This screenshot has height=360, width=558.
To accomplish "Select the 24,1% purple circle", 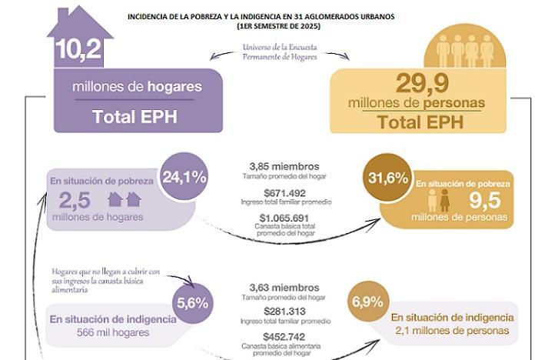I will (x=184, y=177).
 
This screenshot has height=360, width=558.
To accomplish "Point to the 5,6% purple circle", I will (x=192, y=302).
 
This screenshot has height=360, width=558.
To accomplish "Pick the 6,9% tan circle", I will (x=367, y=302).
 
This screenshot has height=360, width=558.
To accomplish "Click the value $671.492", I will (x=284, y=192).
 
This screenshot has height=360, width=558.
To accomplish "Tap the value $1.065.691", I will (x=284, y=218).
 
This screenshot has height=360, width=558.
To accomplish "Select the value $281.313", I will (x=284, y=311).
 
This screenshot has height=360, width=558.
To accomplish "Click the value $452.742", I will (x=284, y=336).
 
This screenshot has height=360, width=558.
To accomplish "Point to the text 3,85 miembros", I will (x=284, y=166).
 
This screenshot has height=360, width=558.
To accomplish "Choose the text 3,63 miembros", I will (x=284, y=285).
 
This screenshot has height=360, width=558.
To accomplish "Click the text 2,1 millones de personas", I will (x=451, y=330).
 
